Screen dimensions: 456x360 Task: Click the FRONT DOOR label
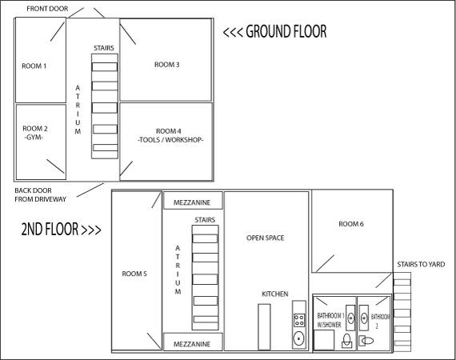pos(47,9)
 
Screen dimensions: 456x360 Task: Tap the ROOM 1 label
pos(34,66)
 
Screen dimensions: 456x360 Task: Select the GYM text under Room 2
pos(34,138)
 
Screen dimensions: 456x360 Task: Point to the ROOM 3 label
pos(166,65)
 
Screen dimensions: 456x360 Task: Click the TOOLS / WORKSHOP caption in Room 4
pos(170,140)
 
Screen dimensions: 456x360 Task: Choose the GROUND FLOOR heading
pos(275,31)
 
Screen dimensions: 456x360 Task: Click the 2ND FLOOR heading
pos(61,229)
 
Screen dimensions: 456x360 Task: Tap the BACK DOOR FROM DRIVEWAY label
pos(41,195)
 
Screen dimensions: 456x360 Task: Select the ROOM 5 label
pos(134,274)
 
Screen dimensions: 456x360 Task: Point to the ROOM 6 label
pos(351,224)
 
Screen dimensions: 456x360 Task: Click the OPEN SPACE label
pos(266,238)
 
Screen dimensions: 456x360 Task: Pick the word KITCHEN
pos(275,294)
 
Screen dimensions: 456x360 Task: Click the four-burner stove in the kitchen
pos(299,320)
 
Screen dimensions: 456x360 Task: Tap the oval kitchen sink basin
pos(298,338)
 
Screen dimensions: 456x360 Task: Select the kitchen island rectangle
pos(264,327)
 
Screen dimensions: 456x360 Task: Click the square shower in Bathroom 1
pos(324,340)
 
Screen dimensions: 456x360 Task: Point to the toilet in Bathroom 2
pos(366,341)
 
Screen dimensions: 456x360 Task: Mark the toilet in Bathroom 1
pos(346,341)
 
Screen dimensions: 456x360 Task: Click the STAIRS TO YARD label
pos(421,264)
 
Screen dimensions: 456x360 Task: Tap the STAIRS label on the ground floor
pos(104,48)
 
